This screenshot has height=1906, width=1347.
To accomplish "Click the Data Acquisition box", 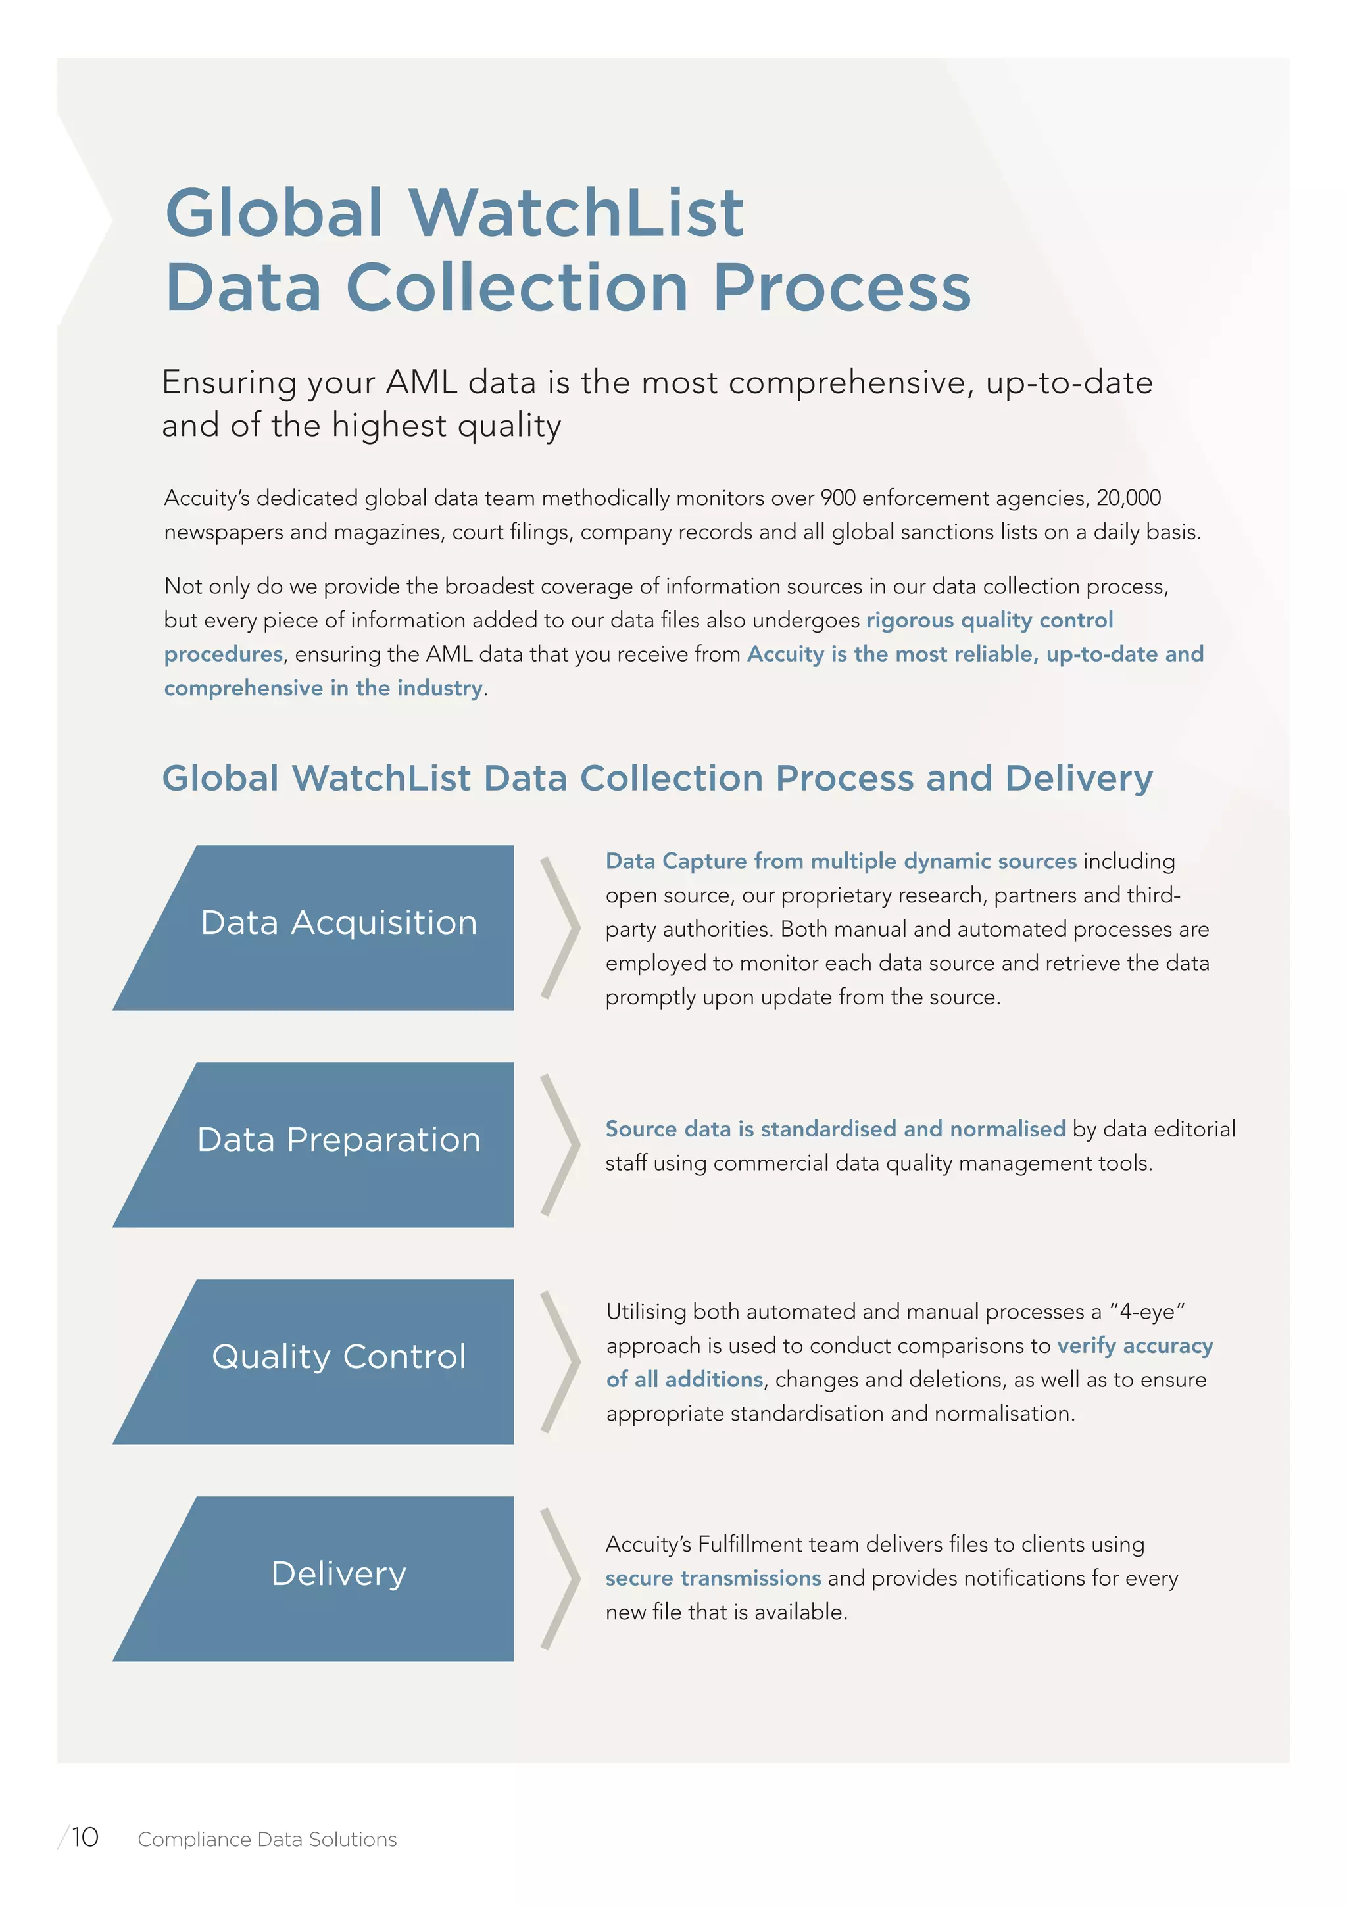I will coord(332,927).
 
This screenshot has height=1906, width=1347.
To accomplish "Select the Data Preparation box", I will coord(332,1143).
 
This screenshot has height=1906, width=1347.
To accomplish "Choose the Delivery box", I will coord(332,1577).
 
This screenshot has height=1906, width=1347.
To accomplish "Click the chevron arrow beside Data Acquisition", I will coord(561,927).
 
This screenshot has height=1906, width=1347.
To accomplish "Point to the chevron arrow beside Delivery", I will coord(561,1578).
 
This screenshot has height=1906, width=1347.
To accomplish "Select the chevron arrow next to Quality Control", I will coord(561,1361).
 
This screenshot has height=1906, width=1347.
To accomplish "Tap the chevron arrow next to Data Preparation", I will coord(561,1144).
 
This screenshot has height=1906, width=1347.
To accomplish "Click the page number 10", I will coord(85,1838).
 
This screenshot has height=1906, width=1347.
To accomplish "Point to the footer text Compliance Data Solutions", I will coord(267,1840).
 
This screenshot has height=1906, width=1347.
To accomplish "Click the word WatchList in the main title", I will coord(576,212).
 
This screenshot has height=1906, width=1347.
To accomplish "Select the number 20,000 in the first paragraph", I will coord(1128,498).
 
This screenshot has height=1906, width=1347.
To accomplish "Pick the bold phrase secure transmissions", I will coord(713,1578).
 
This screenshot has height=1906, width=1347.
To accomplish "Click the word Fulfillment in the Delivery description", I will coord(750,1544).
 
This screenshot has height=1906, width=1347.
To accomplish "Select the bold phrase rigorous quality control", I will coord(989,620).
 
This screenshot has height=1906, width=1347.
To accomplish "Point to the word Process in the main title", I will coord(842,288).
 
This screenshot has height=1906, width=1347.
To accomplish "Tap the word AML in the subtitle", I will coord(422,383).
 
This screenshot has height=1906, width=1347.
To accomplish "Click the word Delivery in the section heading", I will coord(1079,779).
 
